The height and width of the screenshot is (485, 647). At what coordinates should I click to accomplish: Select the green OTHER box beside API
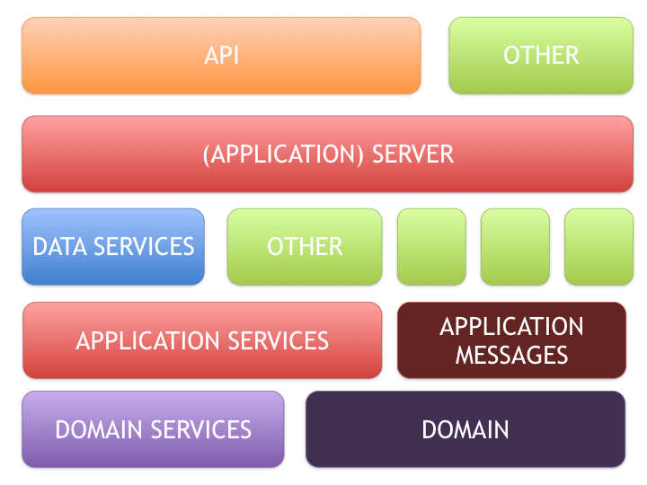541,56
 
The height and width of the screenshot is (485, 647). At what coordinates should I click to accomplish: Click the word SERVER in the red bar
413,154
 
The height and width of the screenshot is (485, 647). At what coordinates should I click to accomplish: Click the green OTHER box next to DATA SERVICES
305,247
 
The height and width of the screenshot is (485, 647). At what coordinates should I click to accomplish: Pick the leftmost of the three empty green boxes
431,247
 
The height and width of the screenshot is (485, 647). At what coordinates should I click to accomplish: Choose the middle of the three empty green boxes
515,247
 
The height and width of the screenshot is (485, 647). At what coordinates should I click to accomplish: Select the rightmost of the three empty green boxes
598,247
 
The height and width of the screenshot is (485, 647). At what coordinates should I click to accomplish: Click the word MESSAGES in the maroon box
511,355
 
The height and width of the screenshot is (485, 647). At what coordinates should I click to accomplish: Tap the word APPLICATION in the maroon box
511,326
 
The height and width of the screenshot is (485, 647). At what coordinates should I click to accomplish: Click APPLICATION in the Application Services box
146,341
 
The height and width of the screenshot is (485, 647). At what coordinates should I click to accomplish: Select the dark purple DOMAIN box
465,429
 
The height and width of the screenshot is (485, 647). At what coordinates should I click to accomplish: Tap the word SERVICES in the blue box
143,246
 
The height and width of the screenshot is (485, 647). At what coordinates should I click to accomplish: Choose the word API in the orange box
221,56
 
